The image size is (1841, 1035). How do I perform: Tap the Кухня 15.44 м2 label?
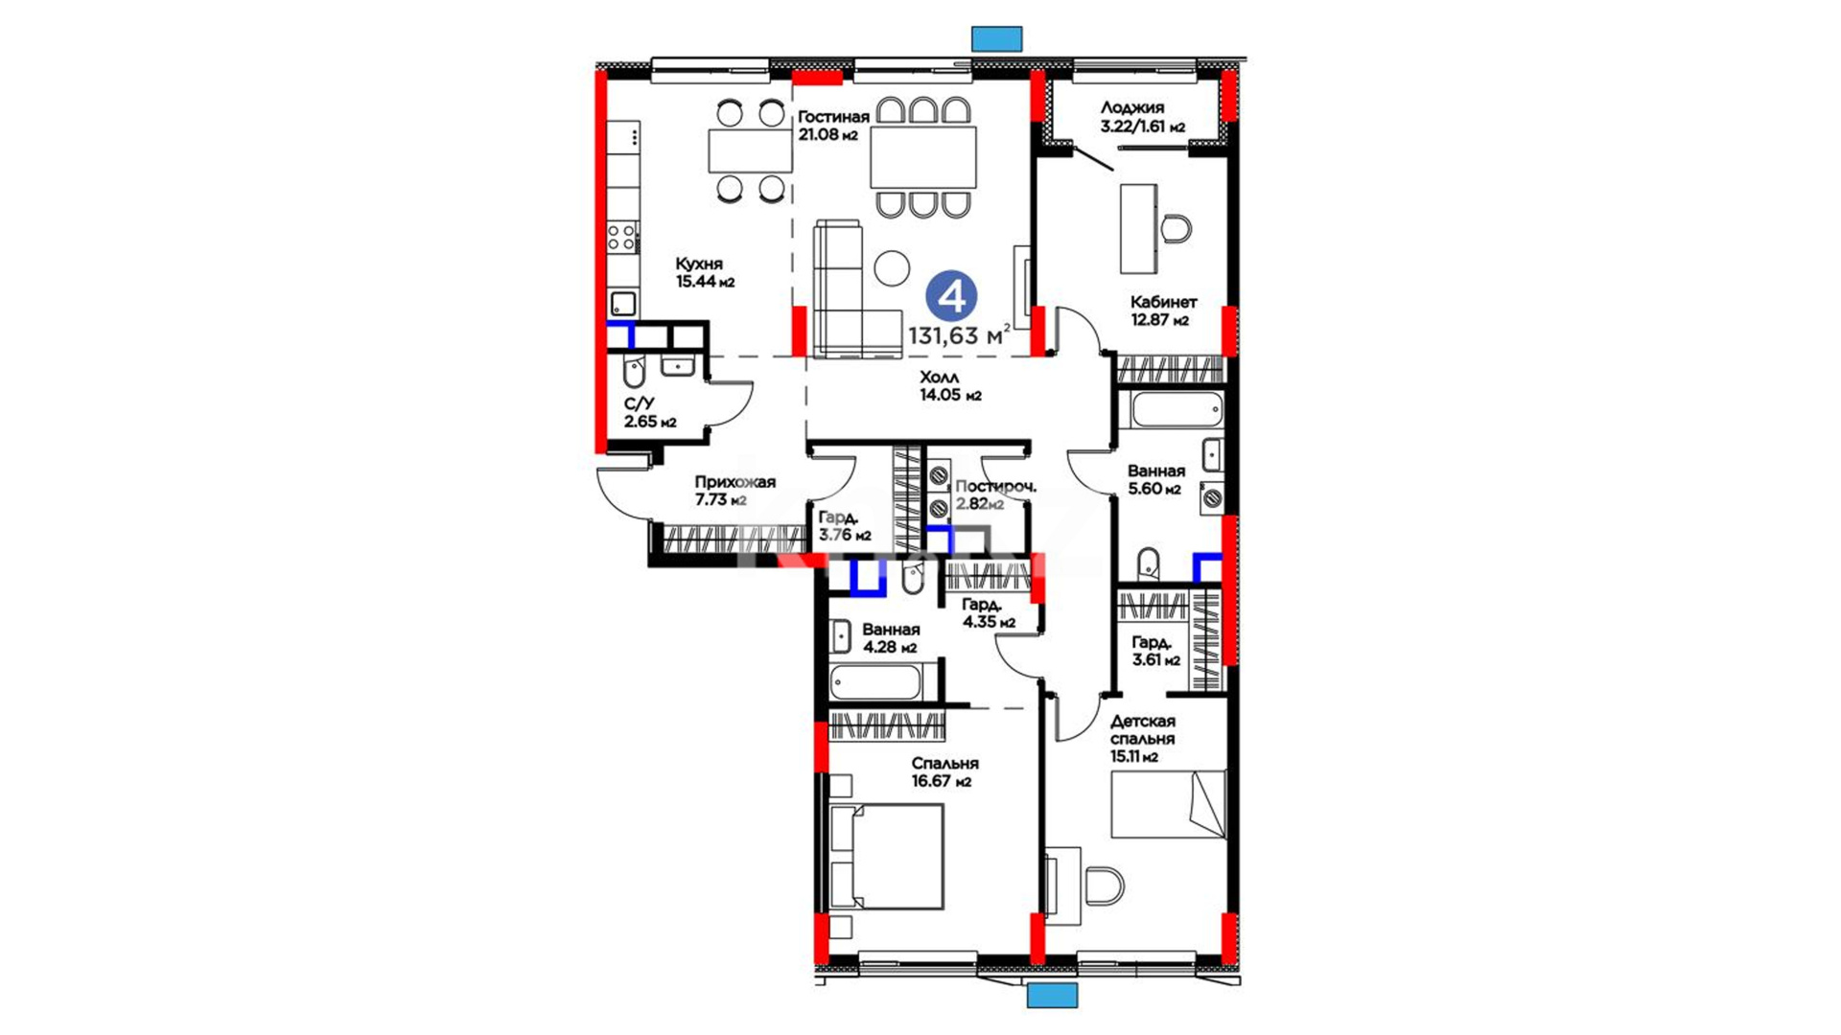point(705,272)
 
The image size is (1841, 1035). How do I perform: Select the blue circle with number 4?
point(951,297)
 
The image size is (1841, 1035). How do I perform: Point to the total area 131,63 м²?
point(959,334)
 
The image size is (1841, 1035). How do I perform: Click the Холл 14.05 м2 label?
point(950,386)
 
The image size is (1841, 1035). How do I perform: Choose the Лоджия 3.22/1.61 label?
point(1142,117)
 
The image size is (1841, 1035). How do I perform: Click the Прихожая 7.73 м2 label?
point(734,491)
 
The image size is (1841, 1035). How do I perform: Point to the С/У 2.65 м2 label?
point(649,413)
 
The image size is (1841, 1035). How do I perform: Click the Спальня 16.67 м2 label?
point(944,772)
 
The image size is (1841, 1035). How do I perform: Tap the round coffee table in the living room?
point(892,268)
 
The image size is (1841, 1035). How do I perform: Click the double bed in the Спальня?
point(887,857)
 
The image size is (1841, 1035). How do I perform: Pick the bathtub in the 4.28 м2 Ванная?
point(875,682)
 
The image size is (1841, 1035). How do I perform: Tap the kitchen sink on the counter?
point(624,304)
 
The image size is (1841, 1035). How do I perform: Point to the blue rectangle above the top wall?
point(997,38)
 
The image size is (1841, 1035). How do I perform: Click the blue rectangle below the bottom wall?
point(1053,995)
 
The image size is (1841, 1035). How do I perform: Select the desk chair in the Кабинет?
point(1177,230)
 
